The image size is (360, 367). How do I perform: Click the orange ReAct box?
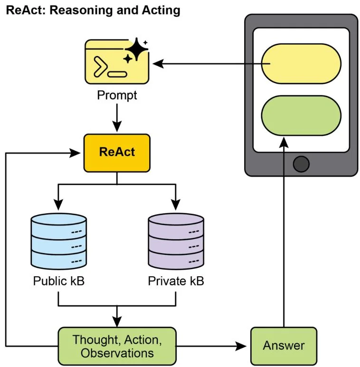117,152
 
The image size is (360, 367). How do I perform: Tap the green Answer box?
284,346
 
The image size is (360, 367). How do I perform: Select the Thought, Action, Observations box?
117,346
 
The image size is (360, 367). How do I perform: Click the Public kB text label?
58,281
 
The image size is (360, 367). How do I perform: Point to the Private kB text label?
176,281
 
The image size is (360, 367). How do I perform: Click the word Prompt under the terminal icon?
117,95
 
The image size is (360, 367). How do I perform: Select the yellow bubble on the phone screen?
301,64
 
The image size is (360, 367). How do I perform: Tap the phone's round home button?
301,164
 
